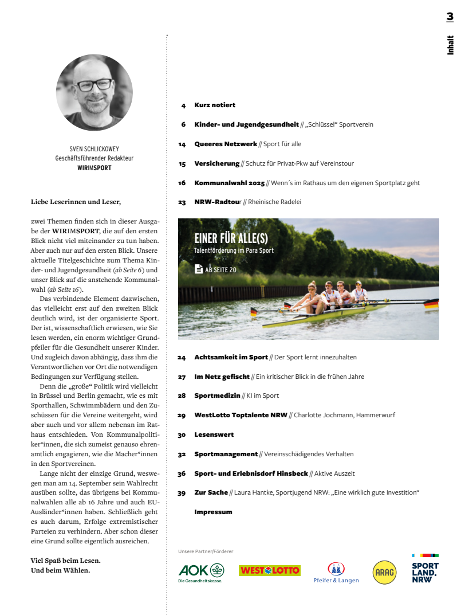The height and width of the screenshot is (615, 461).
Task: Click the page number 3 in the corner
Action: [450, 17]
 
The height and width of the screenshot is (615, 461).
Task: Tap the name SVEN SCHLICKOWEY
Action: [94, 148]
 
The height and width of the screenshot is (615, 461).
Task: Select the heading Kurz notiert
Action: [215, 105]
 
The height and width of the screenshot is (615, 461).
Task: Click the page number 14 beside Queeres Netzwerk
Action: [182, 144]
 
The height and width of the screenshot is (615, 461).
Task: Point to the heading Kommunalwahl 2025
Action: [229, 183]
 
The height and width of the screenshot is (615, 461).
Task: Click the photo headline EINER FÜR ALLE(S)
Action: [231, 238]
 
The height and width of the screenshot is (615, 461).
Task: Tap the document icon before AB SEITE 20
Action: [198, 269]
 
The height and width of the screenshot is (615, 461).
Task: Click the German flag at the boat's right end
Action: [431, 303]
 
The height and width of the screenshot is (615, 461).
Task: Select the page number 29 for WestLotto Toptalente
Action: [182, 415]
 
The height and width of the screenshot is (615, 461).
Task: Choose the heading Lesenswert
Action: [214, 434]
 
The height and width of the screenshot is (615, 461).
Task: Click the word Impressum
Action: [213, 512]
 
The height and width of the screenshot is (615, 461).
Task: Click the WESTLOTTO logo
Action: [269, 570]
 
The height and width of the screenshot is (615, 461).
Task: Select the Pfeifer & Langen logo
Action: [336, 572]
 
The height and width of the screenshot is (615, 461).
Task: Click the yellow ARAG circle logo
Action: [384, 572]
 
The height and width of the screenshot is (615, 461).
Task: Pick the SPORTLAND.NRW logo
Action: [425, 569]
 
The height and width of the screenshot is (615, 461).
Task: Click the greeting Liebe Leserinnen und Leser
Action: [76, 202]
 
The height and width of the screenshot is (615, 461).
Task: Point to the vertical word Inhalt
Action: [451, 45]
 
